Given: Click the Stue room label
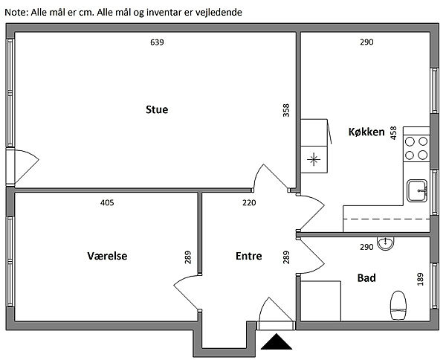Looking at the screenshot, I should (x=157, y=110).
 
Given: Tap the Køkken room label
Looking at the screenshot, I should (x=366, y=132).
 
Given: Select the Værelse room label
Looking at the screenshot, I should (x=107, y=256).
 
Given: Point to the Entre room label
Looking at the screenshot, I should (x=248, y=256).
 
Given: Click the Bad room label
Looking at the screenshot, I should (x=366, y=278).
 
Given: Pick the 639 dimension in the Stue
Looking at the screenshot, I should (x=157, y=42).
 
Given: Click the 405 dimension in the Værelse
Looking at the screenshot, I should (x=107, y=202).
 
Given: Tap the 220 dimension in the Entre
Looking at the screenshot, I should (x=249, y=202).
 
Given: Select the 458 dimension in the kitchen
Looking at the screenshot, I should (x=393, y=134).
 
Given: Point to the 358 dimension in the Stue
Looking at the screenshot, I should (x=286, y=110).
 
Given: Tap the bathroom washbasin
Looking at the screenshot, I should (x=385, y=243).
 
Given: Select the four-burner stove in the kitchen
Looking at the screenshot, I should (x=416, y=148).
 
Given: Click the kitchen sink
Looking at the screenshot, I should (x=416, y=190).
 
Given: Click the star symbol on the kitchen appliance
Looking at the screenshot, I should (x=315, y=158).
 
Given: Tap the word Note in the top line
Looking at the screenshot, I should (x=16, y=13).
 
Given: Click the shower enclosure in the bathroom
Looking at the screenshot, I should (x=320, y=301).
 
